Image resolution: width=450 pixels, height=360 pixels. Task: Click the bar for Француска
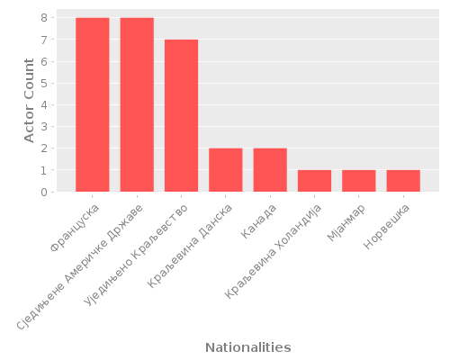tap(92, 104)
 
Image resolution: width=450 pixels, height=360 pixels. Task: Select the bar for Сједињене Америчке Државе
tap(137, 104)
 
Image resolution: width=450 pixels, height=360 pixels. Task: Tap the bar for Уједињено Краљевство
tap(181, 115)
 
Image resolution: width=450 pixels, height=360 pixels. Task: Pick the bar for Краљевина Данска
tap(225, 170)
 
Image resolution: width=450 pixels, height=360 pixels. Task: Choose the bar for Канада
tap(270, 170)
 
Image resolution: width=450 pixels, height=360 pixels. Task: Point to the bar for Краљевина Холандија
tap(314, 181)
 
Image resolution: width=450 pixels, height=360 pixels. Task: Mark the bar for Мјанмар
tap(358, 181)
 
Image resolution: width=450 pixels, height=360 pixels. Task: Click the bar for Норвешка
tap(403, 181)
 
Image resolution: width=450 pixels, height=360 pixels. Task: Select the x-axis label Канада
tap(260, 220)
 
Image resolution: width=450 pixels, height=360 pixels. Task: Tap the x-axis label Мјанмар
tap(346, 224)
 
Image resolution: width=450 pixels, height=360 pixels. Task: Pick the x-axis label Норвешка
tap(388, 227)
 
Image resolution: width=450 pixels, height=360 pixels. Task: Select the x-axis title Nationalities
tap(247, 347)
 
